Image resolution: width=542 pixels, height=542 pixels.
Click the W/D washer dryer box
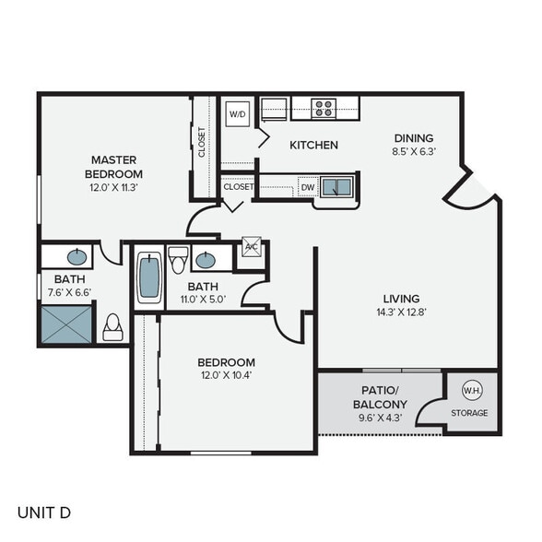238,115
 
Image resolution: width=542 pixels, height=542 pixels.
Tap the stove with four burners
323,108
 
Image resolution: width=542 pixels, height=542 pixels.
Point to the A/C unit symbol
250,247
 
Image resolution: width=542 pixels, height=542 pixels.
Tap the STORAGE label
470,413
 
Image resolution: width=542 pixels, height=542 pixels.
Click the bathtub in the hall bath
148,277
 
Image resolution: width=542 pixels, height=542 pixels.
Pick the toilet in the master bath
113,327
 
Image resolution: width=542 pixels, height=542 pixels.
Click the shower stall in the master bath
67,325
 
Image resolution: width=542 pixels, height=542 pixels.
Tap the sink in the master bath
78,255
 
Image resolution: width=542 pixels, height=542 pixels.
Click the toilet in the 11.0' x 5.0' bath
178,255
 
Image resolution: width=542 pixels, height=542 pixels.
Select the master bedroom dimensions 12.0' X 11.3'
113,187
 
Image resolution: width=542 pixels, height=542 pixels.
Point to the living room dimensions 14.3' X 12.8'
401,312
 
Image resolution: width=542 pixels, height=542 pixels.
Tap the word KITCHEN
313,145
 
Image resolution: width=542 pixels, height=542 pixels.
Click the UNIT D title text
43,512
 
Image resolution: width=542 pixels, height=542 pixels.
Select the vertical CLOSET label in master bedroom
202,142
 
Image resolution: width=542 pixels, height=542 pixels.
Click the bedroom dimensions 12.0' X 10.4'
226,376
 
